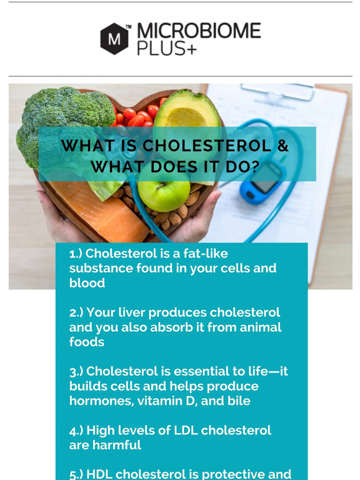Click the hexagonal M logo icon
pyautogui.click(x=115, y=38)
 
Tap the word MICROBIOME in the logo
pyautogui.click(x=198, y=32)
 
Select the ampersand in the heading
pyautogui.click(x=282, y=146)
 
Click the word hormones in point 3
pyautogui.click(x=98, y=401)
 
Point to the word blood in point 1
pyautogui.click(x=87, y=283)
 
